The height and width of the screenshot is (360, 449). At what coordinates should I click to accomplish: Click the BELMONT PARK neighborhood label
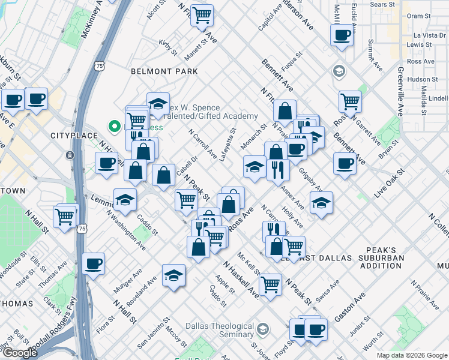point(164,71)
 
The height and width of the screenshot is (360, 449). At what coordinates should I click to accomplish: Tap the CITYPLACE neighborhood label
point(74,136)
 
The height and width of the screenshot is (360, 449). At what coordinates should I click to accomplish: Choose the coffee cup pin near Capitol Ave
point(342,35)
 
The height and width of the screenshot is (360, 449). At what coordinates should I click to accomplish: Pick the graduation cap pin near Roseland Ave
point(174,275)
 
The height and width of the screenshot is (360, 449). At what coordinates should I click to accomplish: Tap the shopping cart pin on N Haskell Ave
point(270,284)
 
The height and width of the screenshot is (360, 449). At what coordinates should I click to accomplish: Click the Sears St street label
point(382,4)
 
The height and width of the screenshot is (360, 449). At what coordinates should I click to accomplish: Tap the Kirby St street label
point(167,47)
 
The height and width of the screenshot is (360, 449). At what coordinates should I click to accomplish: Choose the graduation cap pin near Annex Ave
point(322,203)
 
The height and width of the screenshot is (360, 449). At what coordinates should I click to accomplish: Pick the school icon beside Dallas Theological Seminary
point(263,329)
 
